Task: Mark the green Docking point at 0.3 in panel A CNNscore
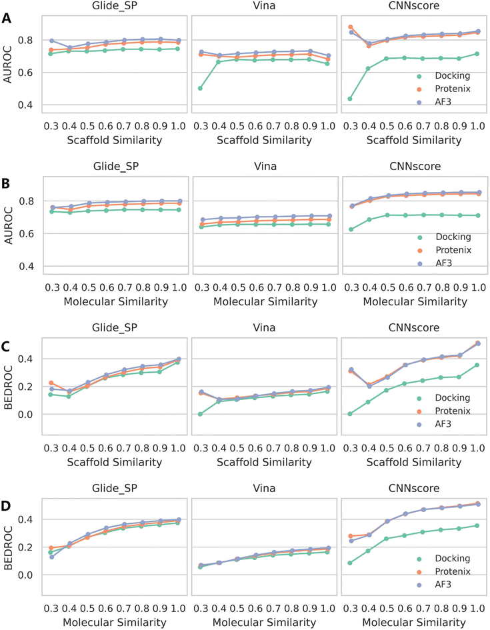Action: coord(350,99)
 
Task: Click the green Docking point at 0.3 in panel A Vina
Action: coord(200,88)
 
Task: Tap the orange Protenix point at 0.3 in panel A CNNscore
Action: coord(351,27)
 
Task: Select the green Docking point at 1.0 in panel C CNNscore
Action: coord(477,365)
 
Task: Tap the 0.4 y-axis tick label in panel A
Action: coord(29,105)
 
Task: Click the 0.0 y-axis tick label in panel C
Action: coord(29,414)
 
